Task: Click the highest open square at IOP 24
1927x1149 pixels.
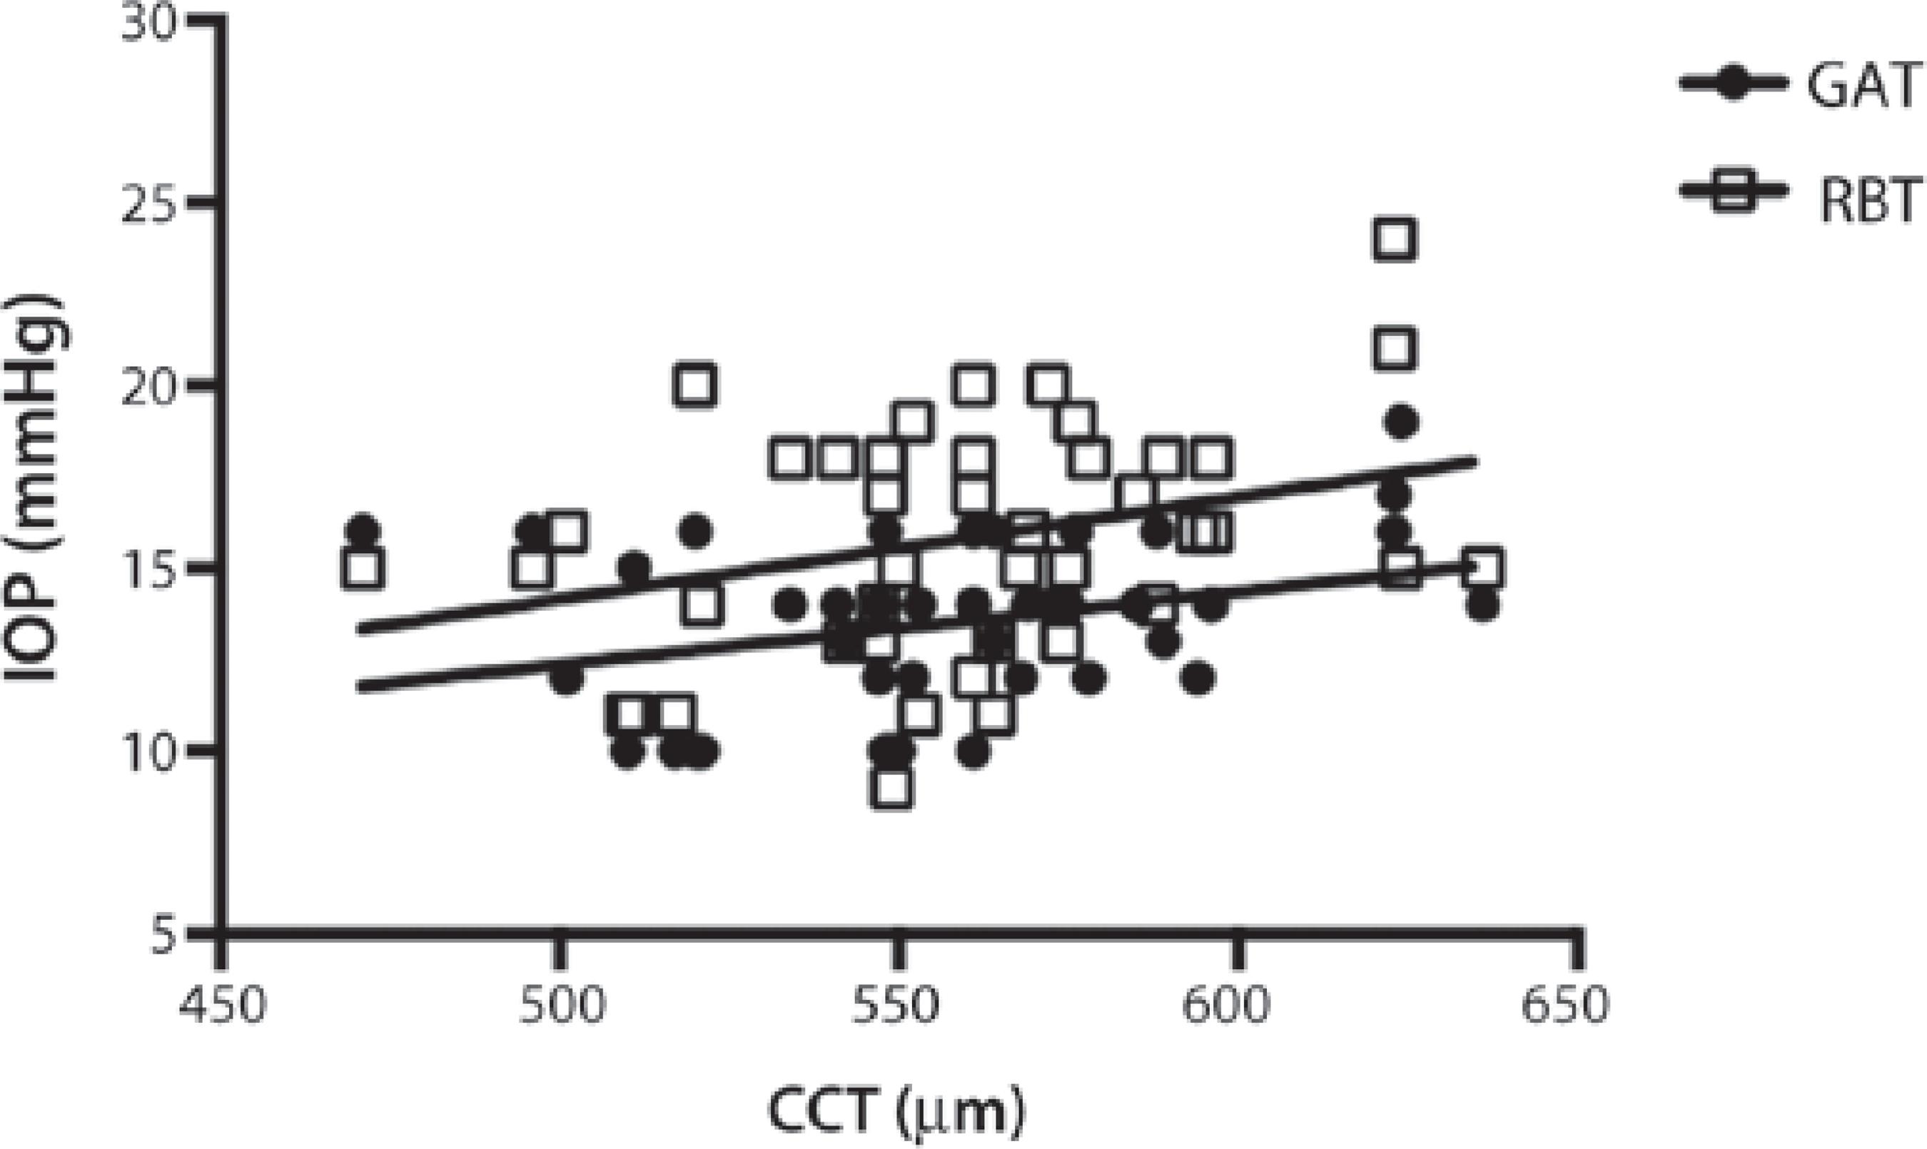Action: (x=1395, y=238)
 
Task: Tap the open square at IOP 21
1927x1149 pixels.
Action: (x=1395, y=348)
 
